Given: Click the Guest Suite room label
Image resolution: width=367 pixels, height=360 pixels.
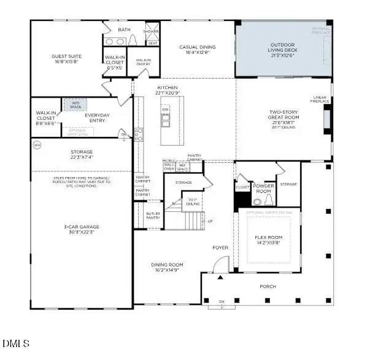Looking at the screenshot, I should pos(66,59).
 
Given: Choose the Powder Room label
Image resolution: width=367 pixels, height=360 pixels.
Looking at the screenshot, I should pos(264,188).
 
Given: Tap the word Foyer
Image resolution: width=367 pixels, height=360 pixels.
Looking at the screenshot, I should pos(220,248).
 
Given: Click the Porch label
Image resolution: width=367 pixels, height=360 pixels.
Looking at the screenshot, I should pos(268,286).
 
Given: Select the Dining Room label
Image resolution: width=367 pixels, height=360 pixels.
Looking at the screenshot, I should pos(167,267).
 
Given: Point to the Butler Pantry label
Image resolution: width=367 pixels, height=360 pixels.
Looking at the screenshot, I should pos(153,216).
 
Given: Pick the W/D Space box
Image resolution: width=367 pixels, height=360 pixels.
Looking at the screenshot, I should pos(75,105).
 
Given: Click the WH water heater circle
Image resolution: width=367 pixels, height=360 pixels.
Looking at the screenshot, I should pos(37,145).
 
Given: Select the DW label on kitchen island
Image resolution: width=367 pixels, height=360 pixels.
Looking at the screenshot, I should pos(165,109).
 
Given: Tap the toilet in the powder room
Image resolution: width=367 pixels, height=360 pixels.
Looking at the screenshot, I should pos(257,201).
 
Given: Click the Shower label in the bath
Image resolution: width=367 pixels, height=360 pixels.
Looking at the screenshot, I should pos(151,31).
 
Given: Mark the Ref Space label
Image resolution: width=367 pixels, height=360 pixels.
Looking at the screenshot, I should pos(183,166).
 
